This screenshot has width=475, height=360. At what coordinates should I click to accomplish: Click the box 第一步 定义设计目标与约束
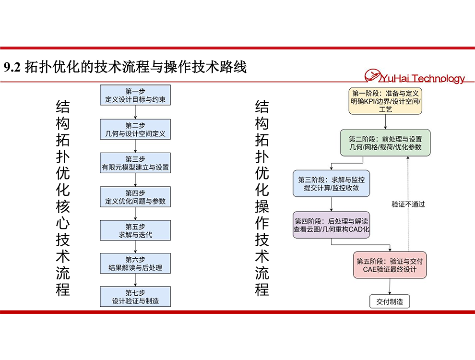coord(135,95)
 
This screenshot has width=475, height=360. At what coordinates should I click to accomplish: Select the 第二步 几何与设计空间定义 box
coord(135,130)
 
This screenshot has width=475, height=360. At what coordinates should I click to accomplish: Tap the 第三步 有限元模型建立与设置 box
coord(135,163)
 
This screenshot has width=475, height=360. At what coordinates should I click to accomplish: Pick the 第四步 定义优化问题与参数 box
coord(135,197)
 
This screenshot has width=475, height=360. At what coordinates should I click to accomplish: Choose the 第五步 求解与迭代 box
coord(135,230)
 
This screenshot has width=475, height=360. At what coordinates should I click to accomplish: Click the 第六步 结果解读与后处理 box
coord(135,264)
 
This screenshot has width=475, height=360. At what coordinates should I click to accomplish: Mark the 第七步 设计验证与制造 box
coord(135,297)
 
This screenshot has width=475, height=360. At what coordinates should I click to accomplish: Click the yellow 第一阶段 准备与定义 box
coord(385,101)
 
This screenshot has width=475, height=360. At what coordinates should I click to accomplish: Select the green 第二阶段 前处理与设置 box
coord(385,143)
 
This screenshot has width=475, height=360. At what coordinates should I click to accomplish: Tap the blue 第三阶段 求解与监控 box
coord(332,184)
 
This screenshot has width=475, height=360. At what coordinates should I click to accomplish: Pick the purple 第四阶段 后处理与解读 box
coord(332,225)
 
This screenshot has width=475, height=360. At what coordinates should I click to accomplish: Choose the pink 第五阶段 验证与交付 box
coord(390,265)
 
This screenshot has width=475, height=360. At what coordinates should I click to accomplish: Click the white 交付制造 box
coord(390,301)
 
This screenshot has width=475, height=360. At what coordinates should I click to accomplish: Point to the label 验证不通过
coord(408,204)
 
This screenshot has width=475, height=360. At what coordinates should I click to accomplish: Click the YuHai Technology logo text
coord(422,79)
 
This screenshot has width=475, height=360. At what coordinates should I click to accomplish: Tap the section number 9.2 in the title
coord(12,67)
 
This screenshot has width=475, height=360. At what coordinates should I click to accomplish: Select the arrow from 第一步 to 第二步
coord(135,112)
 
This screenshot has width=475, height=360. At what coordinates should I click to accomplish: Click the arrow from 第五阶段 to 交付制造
coord(390,287)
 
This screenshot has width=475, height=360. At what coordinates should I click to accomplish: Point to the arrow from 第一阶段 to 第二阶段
coord(385,122)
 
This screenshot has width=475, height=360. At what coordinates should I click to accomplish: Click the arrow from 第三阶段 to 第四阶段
coord(332,204)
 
